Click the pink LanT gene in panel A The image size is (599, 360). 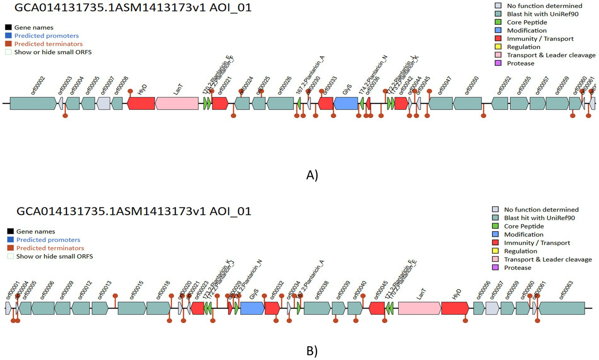[177, 103]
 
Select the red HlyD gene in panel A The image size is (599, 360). [141, 103]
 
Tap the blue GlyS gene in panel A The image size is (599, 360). [346, 103]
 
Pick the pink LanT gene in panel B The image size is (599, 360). [419, 308]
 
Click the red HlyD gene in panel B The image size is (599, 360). [455, 308]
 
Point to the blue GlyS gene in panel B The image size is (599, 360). [252, 308]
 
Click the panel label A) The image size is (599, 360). [312, 175]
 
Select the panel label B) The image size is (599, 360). [312, 351]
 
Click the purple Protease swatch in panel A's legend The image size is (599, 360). [498, 63]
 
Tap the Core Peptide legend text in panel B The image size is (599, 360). [524, 226]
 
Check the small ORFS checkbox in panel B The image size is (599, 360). [11, 257]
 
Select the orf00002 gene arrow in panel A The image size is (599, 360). [33, 103]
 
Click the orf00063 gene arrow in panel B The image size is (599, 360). [561, 308]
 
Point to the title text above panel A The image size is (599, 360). [133, 7]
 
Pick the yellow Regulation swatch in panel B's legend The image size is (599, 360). [495, 251]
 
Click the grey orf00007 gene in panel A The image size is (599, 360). [103, 103]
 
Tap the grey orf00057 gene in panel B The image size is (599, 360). [492, 308]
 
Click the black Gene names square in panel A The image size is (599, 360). [8, 27]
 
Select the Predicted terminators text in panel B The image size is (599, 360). [50, 248]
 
